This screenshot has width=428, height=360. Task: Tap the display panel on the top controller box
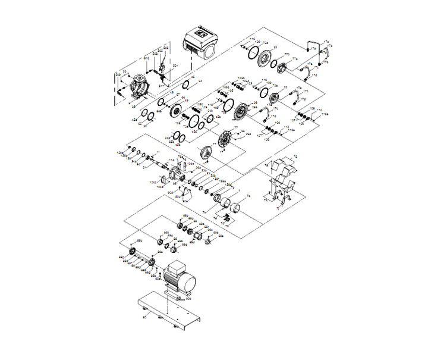pos(200,35)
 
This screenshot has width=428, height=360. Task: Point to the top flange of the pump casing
pos(137,77)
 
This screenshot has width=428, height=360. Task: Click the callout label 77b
pos(285,55)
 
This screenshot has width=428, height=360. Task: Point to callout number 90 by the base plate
pos(144,319)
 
